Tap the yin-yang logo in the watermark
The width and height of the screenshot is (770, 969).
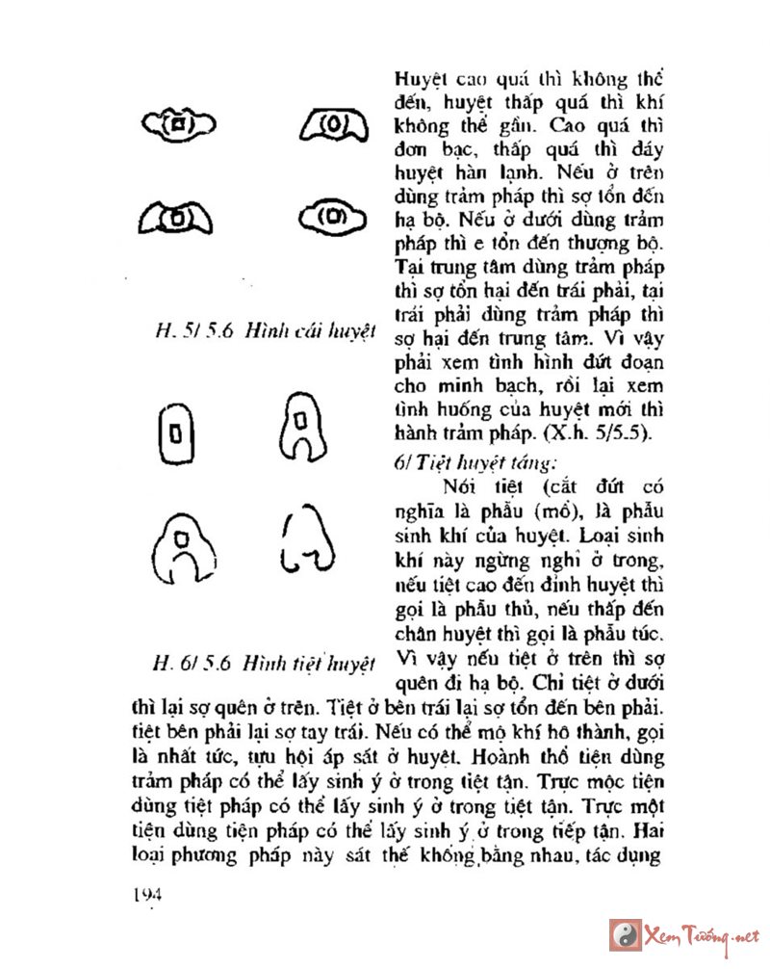[x=624, y=934]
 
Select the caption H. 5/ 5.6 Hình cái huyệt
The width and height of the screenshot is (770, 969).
[x=265, y=331]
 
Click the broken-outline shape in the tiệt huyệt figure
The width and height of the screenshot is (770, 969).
[x=306, y=539]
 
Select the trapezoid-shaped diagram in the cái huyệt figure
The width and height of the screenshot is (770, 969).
[x=330, y=125]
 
